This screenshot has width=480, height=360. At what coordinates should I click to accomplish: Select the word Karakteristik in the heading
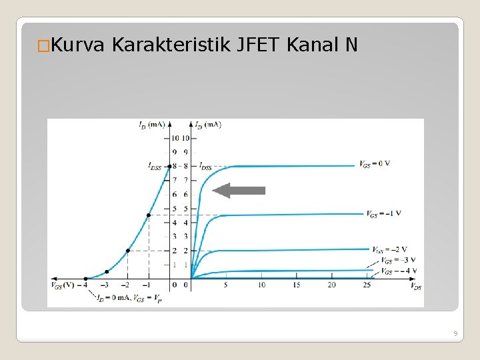click(x=171, y=45)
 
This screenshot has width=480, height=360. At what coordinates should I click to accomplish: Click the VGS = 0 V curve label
click(x=374, y=163)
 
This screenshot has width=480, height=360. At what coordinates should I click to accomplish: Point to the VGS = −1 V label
click(x=383, y=213)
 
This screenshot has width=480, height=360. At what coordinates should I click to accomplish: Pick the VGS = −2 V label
click(x=389, y=249)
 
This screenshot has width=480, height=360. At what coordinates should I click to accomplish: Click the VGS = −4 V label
click(x=399, y=271)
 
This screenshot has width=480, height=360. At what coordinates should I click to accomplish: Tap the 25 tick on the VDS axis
click(x=367, y=285)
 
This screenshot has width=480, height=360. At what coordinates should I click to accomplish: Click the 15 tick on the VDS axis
click(x=297, y=285)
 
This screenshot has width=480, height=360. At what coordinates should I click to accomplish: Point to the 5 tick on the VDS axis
click(x=226, y=285)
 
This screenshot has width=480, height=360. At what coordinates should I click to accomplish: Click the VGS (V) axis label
click(x=63, y=285)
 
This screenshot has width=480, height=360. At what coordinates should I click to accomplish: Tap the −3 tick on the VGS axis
click(x=105, y=285)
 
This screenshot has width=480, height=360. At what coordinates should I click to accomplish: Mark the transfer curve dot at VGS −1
click(x=148, y=215)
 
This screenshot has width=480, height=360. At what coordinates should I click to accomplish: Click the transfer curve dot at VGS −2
click(x=127, y=250)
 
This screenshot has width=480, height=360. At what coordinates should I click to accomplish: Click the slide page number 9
click(x=453, y=333)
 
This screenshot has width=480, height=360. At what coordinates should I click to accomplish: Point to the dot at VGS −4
click(x=85, y=278)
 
